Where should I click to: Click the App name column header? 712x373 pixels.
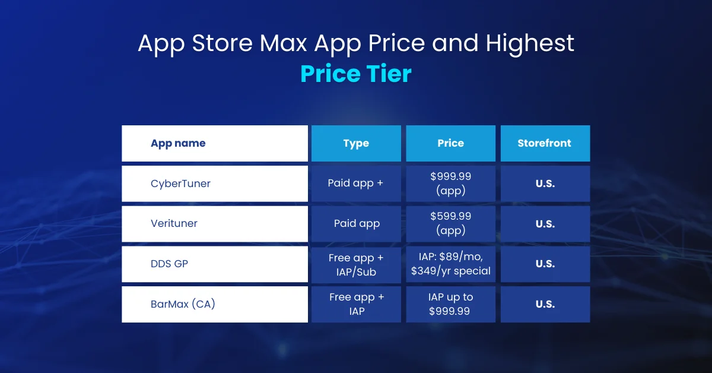(x=178, y=143)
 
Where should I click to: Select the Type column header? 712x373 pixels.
(x=356, y=143)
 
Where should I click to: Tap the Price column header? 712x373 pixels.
(x=450, y=143)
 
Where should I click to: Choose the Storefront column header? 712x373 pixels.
(x=545, y=143)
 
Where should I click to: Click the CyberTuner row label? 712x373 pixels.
(x=180, y=184)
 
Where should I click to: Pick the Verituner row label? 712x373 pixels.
(x=174, y=224)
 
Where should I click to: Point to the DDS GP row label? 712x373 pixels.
(x=169, y=264)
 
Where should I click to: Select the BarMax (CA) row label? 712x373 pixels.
(x=183, y=304)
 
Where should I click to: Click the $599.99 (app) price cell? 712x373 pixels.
(x=450, y=223)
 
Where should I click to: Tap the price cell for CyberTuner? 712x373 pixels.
(x=450, y=184)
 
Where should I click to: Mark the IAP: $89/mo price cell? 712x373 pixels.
(x=450, y=264)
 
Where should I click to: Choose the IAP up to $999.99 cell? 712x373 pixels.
(x=450, y=304)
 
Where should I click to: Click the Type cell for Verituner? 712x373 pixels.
(x=356, y=224)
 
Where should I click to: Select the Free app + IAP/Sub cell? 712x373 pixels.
(x=356, y=264)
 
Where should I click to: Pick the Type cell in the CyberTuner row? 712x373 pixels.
(x=356, y=184)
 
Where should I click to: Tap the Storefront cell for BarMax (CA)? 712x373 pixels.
(x=545, y=304)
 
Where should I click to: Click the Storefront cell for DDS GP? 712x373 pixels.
(x=545, y=264)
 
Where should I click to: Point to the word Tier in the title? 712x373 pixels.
(x=388, y=74)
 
